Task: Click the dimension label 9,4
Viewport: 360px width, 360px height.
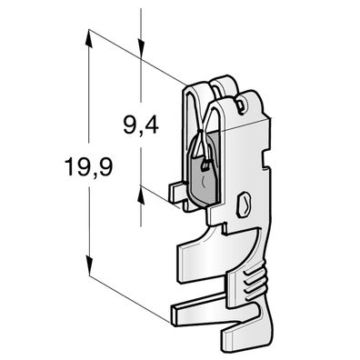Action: click(138, 124)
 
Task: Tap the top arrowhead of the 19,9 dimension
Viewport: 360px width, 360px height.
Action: click(89, 35)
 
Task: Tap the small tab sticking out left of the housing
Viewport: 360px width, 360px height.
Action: click(178, 193)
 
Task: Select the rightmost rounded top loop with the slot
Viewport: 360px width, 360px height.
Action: click(245, 98)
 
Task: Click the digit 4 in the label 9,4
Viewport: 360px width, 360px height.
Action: click(151, 124)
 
